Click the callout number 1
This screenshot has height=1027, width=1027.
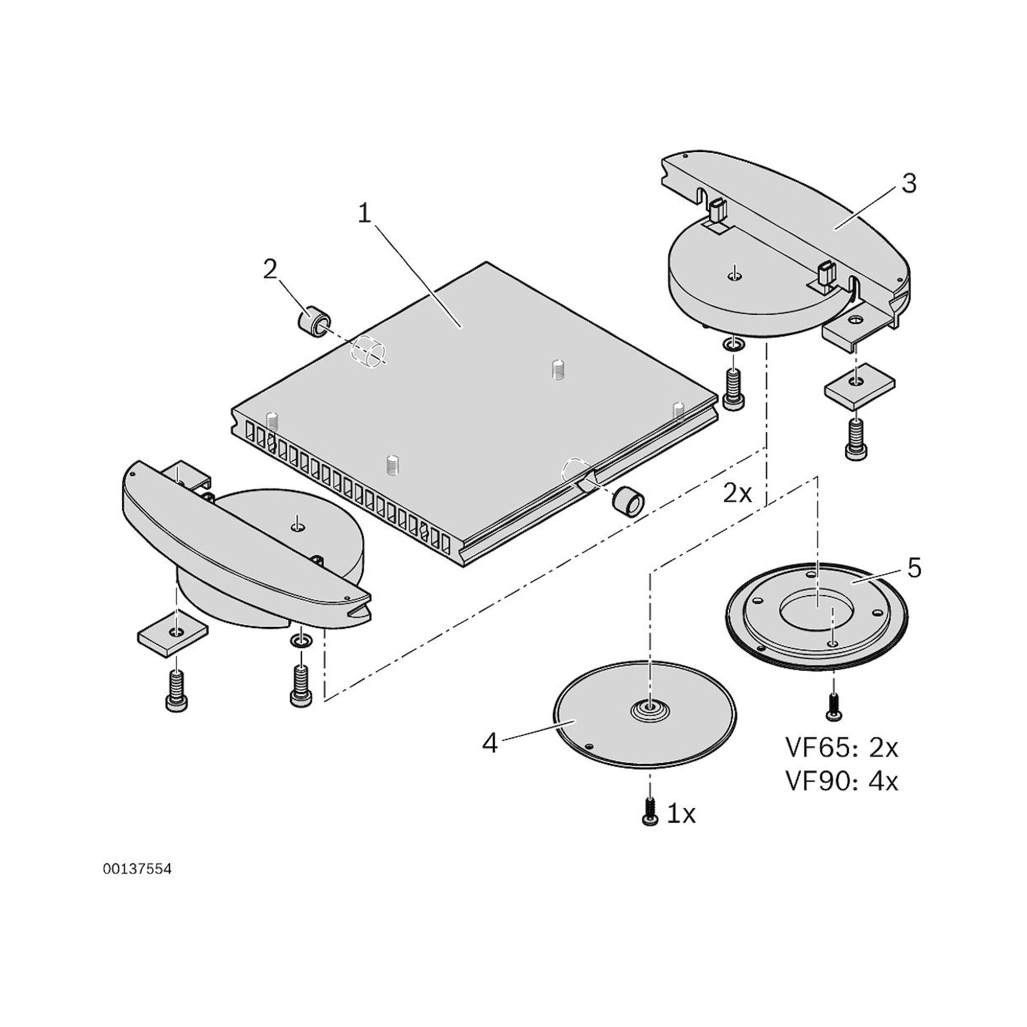364,215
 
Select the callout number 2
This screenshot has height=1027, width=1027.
270,270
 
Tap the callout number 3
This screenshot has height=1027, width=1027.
909,183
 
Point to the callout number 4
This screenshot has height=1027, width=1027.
489,743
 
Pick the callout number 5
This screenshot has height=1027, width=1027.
915,568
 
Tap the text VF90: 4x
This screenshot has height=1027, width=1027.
842,782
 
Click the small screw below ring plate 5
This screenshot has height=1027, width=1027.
833,708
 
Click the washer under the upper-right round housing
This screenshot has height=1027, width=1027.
734,347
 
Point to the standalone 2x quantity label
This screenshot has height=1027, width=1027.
737,494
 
